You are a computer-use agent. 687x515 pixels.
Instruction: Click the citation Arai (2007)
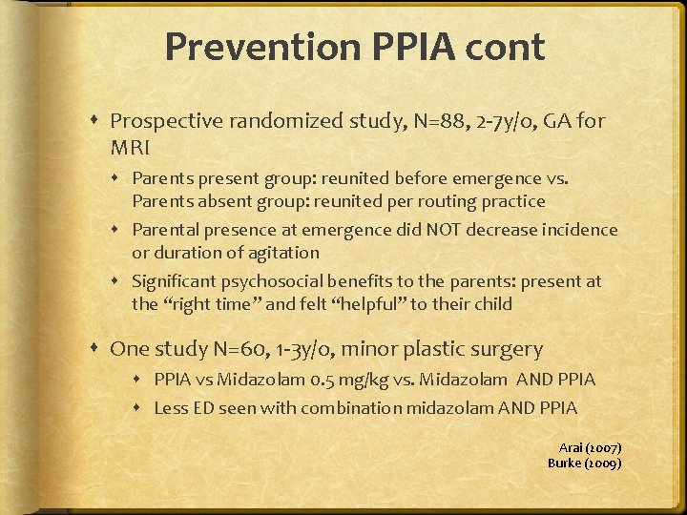pos(590,447)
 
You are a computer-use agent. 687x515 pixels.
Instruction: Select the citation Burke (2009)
pos(584,463)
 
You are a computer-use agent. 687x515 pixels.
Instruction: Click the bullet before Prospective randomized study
pos(98,121)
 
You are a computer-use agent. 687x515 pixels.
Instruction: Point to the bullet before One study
pos(98,348)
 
